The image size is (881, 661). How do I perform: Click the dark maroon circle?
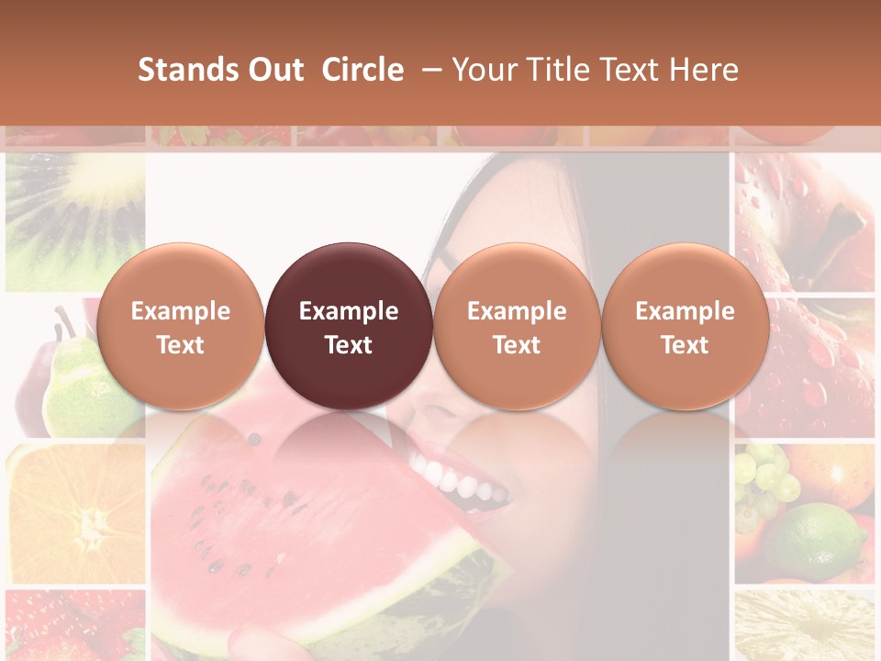pos(349,326)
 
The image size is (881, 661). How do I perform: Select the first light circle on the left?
pos(181,326)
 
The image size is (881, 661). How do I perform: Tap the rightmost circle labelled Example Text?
pos(685,326)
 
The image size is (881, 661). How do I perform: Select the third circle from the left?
pos(517,326)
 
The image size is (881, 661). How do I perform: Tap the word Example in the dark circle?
pos(349,311)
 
